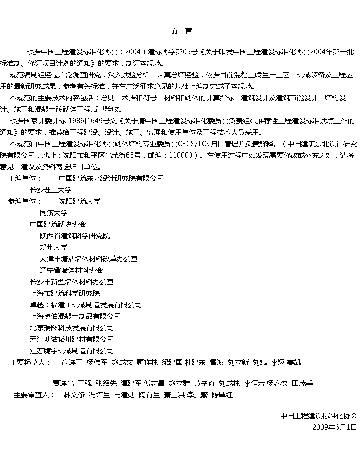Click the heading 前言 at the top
(180, 31)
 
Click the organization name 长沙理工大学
(51, 190)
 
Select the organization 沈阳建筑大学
(80, 201)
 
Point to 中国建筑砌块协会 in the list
(58, 224)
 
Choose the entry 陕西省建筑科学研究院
(75, 236)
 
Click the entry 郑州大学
(54, 247)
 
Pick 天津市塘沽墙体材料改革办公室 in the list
(89, 259)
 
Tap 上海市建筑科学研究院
(65, 293)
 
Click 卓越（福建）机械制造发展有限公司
(86, 305)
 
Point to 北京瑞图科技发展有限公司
(72, 328)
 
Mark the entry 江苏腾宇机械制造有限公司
(72, 351)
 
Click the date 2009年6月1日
(335, 427)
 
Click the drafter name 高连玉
(72, 362)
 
